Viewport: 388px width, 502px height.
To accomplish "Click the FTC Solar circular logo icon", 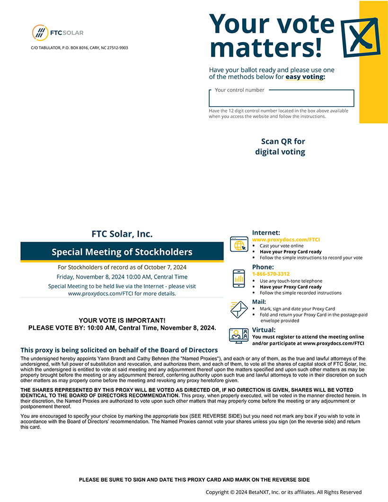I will click(x=40, y=33).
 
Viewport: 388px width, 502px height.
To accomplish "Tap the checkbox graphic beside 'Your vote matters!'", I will click(x=360, y=37).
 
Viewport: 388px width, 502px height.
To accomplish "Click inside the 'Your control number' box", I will click(x=281, y=99).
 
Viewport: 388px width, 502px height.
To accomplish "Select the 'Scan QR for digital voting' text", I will click(x=281, y=147).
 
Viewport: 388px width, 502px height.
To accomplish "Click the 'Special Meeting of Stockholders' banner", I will click(x=122, y=252).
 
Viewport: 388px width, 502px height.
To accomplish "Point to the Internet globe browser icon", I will click(x=238, y=245).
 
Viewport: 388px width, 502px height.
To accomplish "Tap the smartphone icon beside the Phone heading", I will click(x=238, y=278).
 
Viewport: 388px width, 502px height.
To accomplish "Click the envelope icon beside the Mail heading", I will click(x=238, y=309).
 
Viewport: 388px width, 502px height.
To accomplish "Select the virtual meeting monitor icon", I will click(x=238, y=336).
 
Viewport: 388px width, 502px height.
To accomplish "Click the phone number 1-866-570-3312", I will click(x=271, y=274).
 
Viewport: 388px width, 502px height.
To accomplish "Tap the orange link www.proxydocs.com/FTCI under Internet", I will click(x=286, y=240).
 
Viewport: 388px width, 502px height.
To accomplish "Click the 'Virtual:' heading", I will click(x=264, y=330).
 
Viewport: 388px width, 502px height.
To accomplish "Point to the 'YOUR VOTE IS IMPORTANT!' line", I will click(x=122, y=321).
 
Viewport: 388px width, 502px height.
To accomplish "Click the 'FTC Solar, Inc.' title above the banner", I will click(x=122, y=234).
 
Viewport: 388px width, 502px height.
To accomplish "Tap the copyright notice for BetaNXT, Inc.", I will click(x=283, y=492).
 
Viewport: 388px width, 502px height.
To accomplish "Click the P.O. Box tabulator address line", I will click(x=79, y=48).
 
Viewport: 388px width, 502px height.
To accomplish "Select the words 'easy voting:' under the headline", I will click(x=305, y=77).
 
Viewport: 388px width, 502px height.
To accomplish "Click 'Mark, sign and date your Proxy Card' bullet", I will click(x=297, y=308).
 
